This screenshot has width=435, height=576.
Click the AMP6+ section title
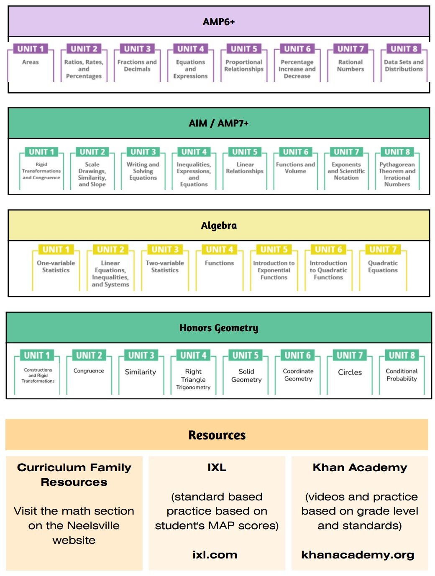coord(219,22)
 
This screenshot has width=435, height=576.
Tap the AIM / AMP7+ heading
coord(219,123)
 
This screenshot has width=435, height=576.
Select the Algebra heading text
coord(219,226)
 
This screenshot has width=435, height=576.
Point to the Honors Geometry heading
coord(219,328)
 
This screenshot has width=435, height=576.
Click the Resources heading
coord(217,435)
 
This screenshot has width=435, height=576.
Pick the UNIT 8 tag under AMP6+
coord(404,49)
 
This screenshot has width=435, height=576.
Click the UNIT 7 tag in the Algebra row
coord(383,249)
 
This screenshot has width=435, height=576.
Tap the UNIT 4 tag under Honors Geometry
coord(193,355)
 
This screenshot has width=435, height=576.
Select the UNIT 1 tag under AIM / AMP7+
coord(41,152)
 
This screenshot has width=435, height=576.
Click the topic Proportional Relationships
coord(244,66)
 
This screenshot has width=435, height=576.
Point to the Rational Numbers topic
coord(351,66)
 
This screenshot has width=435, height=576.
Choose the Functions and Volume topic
coord(295,167)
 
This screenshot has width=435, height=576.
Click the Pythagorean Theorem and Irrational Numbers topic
coord(397,174)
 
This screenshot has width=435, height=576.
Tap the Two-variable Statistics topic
coord(165,266)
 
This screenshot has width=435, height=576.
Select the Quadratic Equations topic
coord(383,266)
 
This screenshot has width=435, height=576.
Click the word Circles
coord(350,372)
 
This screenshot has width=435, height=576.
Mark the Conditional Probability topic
coord(402,375)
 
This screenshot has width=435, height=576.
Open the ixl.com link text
coord(215,555)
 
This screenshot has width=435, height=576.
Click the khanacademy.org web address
coord(358,555)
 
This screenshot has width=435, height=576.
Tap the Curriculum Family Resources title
coord(74,475)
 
